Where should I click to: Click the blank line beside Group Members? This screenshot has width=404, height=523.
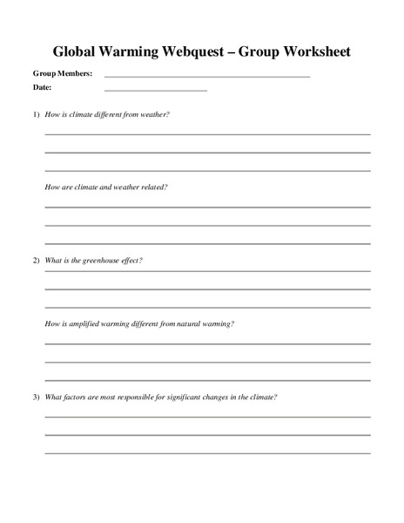point(206,78)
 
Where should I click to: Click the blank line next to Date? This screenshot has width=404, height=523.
point(155,91)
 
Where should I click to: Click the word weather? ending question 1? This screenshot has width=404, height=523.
point(155,114)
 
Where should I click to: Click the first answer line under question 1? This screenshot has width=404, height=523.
point(207,134)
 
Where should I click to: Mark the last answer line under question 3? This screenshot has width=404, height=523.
point(207,452)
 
